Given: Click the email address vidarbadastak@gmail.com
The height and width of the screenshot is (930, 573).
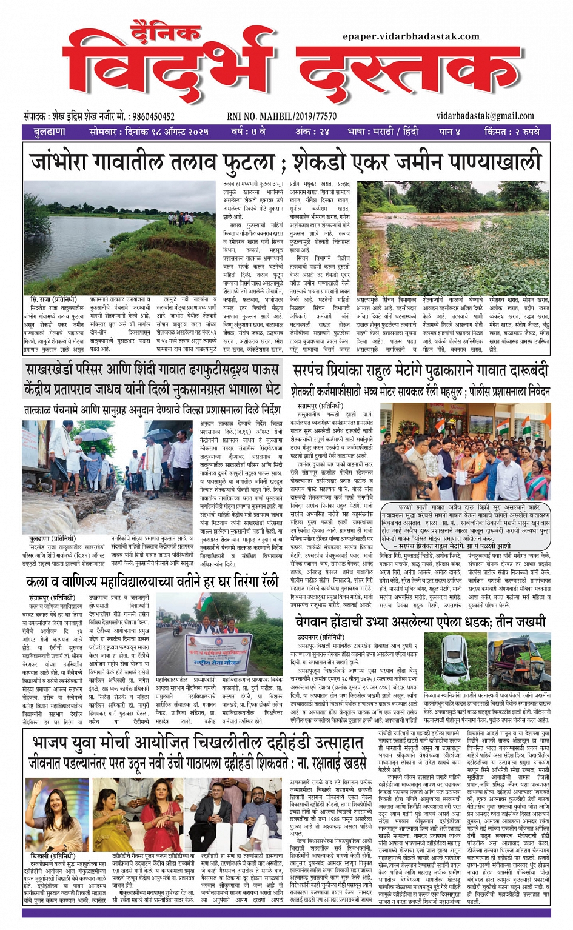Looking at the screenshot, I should coord(485,116).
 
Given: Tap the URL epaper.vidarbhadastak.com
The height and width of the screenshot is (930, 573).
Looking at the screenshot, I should coord(410,36).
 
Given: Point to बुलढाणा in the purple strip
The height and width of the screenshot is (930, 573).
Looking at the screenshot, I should coord(50,132).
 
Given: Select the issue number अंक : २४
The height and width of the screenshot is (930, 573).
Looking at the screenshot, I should coord(312,132).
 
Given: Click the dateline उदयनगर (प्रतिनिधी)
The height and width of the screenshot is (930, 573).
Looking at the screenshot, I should coord(321,637).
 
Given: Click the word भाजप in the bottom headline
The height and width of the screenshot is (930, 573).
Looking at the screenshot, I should coord(55,743).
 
